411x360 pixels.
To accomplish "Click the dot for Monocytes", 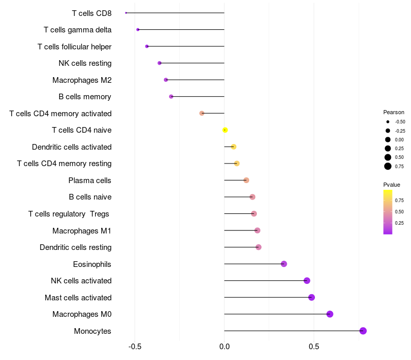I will point(363,331).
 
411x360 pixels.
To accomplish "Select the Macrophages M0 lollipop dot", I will point(330,314).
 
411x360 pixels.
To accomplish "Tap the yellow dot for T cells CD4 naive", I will point(225,130).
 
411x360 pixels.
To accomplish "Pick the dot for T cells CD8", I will point(126,13).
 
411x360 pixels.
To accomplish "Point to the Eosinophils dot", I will point(284,264).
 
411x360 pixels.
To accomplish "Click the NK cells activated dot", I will point(307,281).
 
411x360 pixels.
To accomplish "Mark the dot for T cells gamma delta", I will point(138,29).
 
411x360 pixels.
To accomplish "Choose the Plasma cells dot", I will point(246,180).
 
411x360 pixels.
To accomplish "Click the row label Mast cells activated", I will point(78,297).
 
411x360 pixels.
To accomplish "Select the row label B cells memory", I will point(85,97).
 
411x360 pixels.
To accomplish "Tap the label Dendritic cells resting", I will point(76,247).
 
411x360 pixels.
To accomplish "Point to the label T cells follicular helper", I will point(74,46).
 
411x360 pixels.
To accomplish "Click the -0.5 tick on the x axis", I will point(135,346).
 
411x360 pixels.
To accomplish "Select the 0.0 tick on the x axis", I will point(225,346).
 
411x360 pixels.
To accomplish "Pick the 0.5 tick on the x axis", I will point(314,346).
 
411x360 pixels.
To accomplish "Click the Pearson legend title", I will point(394,112).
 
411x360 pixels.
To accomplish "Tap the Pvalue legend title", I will point(391,185).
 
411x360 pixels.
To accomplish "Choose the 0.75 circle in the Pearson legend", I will point(388,166).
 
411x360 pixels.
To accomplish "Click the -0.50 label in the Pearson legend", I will point(400,122).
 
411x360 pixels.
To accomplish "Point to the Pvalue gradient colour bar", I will point(388,212).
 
